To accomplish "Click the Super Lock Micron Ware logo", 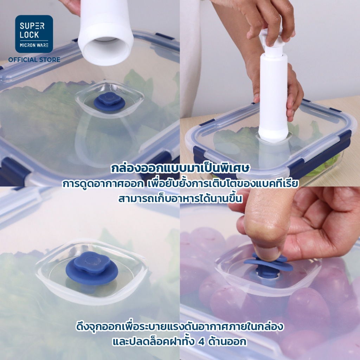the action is (x=34, y=34).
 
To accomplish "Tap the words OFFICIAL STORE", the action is (x=34, y=60).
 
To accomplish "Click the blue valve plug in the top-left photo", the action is (x=109, y=102).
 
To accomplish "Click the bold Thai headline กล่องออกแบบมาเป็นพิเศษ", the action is (x=180, y=168).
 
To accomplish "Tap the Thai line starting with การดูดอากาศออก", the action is (x=180, y=184).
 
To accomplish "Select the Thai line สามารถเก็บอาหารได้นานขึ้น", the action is (x=180, y=198).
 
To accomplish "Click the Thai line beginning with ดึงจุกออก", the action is (x=180, y=327).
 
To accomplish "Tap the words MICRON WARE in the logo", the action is (x=34, y=45).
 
